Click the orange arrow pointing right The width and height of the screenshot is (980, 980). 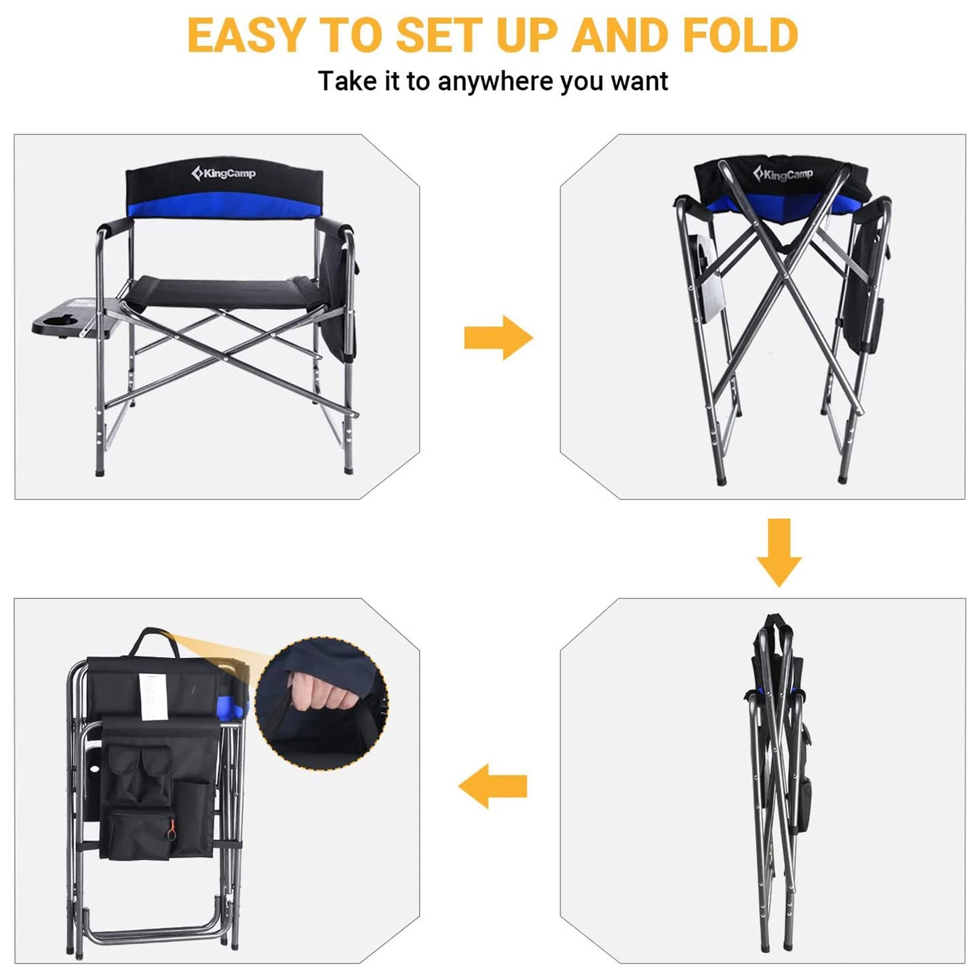(x=498, y=337)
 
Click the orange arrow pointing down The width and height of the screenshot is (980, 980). (x=779, y=552)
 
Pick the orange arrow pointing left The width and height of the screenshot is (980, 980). (x=492, y=786)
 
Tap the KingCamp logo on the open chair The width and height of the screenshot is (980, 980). (x=224, y=174)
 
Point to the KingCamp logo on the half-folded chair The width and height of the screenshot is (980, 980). (x=783, y=175)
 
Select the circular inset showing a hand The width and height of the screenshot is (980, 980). (x=322, y=703)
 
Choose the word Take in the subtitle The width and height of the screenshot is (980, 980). (x=347, y=81)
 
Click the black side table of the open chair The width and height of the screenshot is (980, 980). (x=75, y=319)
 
